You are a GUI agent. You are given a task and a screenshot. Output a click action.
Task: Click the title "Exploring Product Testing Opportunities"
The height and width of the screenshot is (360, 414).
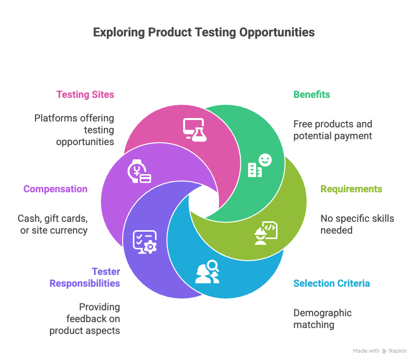pyautogui.click(x=204, y=33)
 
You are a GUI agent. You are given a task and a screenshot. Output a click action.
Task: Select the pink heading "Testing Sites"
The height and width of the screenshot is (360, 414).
pyautogui.click(x=85, y=94)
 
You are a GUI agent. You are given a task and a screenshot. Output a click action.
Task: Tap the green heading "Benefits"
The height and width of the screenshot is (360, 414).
pyautogui.click(x=312, y=94)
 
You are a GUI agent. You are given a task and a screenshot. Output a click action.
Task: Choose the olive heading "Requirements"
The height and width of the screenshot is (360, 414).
pyautogui.click(x=351, y=189)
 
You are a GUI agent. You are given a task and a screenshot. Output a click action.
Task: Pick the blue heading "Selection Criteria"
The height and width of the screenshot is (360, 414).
pyautogui.click(x=331, y=283)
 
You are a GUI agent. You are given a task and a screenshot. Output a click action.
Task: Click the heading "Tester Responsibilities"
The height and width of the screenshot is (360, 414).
pyautogui.click(x=84, y=277)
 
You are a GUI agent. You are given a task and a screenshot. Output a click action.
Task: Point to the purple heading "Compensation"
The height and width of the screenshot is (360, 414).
pyautogui.click(x=56, y=189)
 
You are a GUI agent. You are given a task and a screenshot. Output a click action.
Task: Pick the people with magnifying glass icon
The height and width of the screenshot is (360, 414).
pyautogui.click(x=207, y=271)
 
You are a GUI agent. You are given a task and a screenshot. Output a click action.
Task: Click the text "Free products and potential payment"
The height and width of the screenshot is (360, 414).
pyautogui.click(x=332, y=130)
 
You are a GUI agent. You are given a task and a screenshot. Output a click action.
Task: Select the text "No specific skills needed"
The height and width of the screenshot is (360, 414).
pyautogui.click(x=357, y=224)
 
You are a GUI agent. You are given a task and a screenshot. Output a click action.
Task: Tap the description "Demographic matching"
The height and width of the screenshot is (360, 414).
pyautogui.click(x=322, y=319)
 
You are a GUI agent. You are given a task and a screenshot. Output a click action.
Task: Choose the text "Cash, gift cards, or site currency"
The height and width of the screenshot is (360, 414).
pyautogui.click(x=53, y=224)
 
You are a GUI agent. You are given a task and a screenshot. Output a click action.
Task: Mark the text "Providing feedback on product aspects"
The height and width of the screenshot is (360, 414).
pyautogui.click(x=85, y=319)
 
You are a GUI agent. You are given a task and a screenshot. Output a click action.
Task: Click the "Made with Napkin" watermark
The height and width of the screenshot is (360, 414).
pyautogui.click(x=380, y=351)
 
